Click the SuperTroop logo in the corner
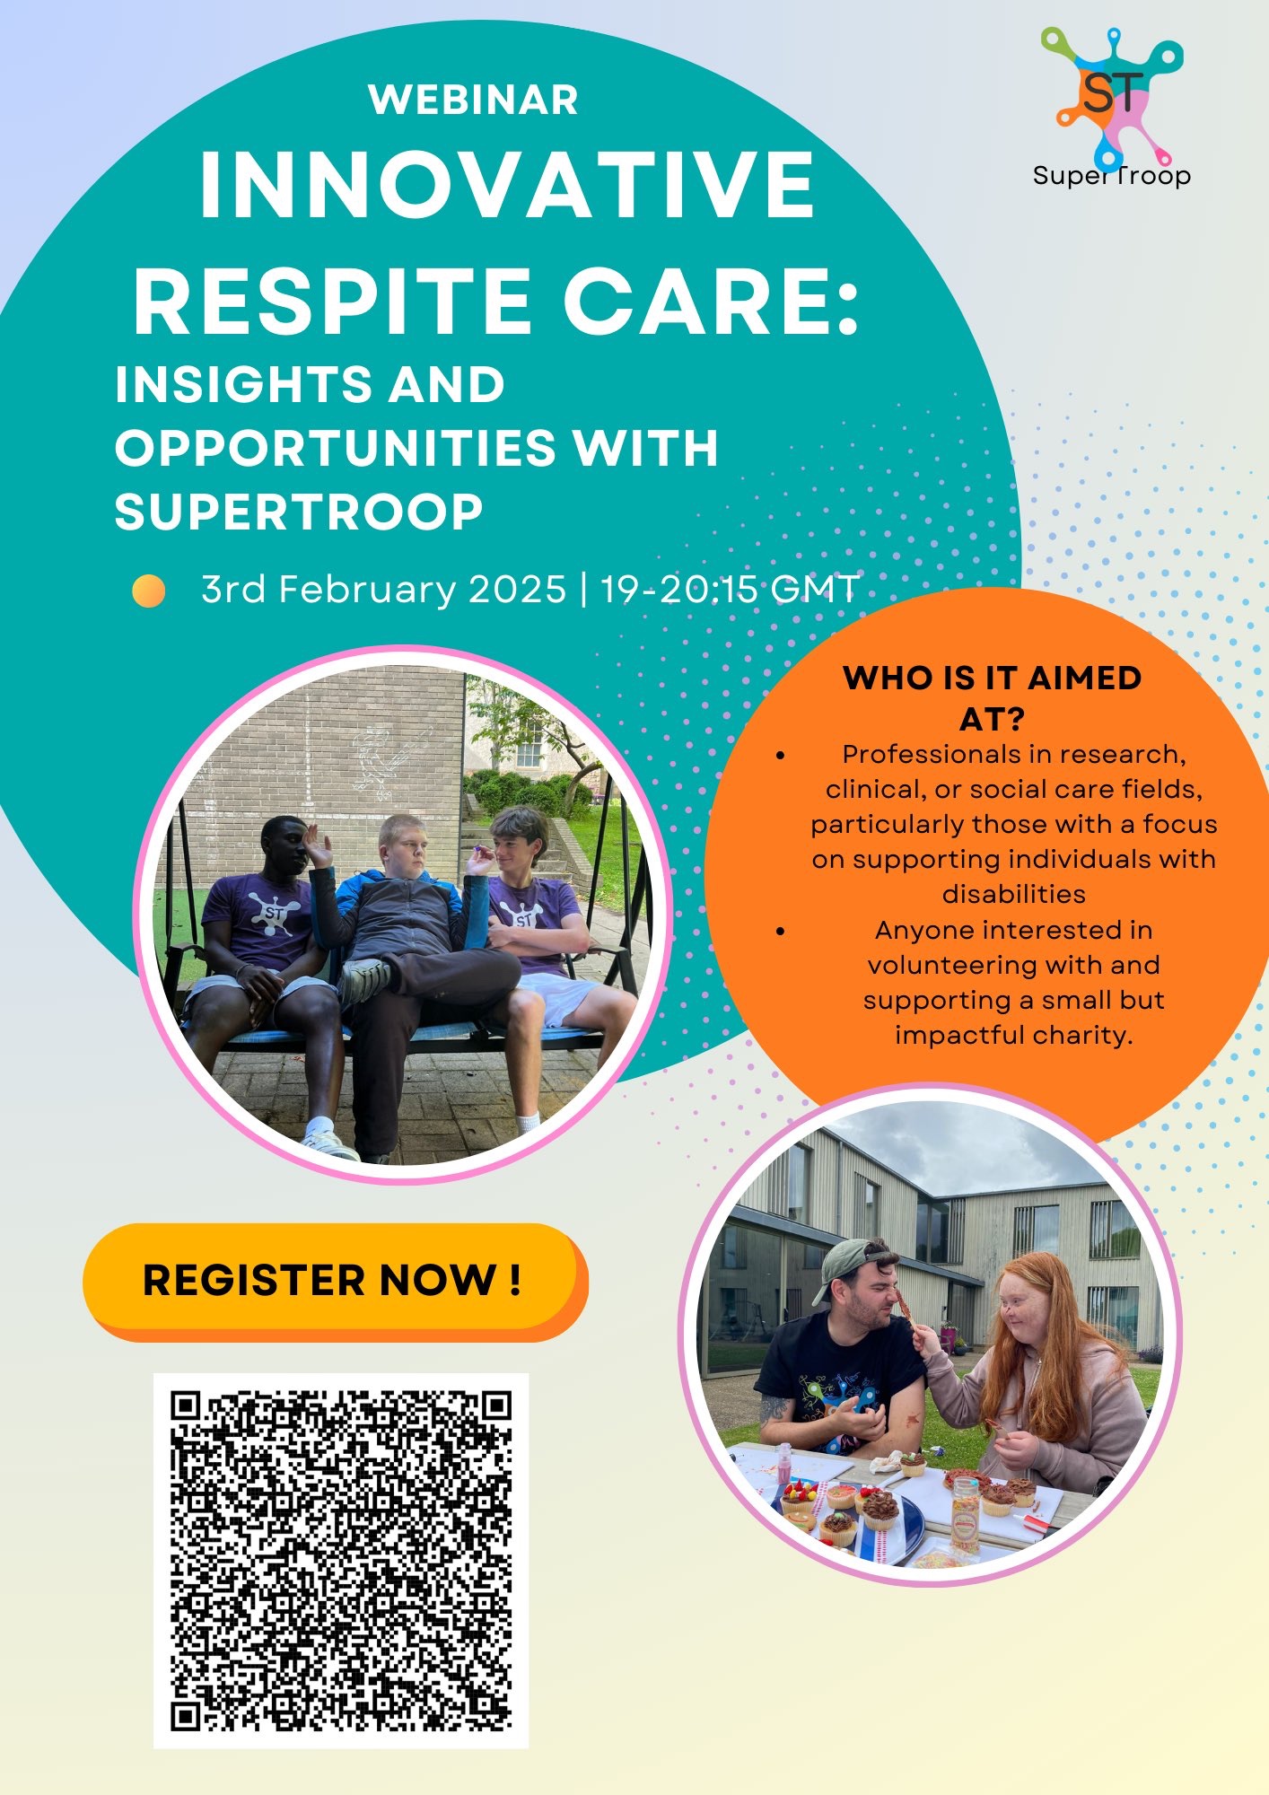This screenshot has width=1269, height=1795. (x=1112, y=108)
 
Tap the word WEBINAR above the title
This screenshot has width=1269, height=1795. (x=473, y=100)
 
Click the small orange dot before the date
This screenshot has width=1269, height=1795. (x=149, y=591)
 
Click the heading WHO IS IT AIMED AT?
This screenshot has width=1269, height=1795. (x=992, y=697)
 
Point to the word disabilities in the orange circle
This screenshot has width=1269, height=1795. (x=1013, y=894)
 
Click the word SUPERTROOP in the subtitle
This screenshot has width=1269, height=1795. (x=299, y=512)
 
